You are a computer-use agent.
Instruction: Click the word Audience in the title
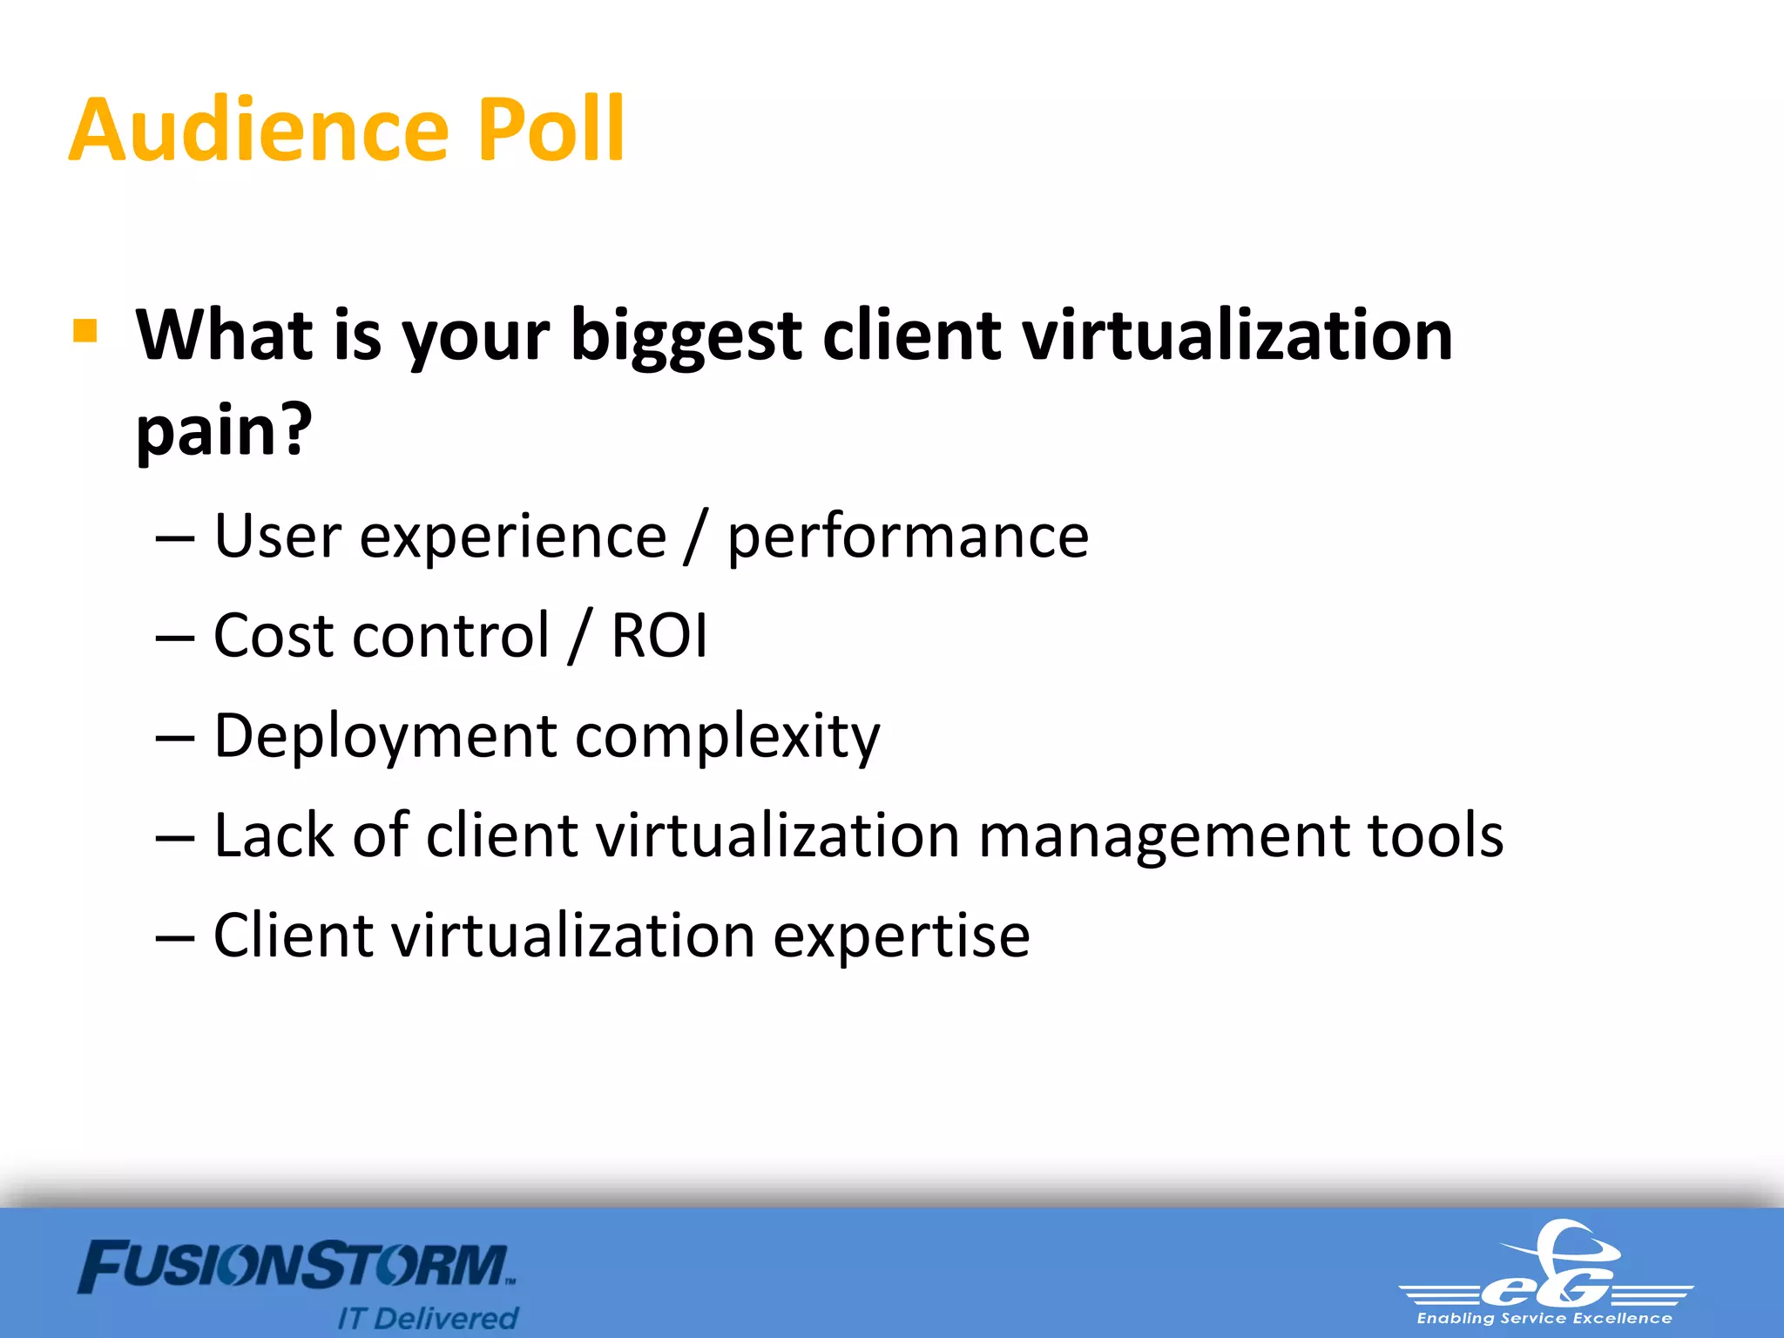pyautogui.click(x=258, y=131)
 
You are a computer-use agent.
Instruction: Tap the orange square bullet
pyautogui.click(x=85, y=331)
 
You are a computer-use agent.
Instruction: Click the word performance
pyautogui.click(x=908, y=537)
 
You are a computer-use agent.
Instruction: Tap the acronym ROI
pyautogui.click(x=659, y=635)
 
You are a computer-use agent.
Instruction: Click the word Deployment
pyautogui.click(x=384, y=737)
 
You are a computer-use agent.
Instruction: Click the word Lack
pyautogui.click(x=274, y=835)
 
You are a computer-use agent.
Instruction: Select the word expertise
pyautogui.click(x=902, y=937)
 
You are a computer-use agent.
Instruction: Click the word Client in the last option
pyautogui.click(x=292, y=936)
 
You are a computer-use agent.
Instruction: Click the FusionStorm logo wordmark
pyautogui.click(x=296, y=1267)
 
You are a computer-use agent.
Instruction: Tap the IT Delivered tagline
pyautogui.click(x=428, y=1318)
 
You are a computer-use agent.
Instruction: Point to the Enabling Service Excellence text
pyautogui.click(x=1544, y=1319)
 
